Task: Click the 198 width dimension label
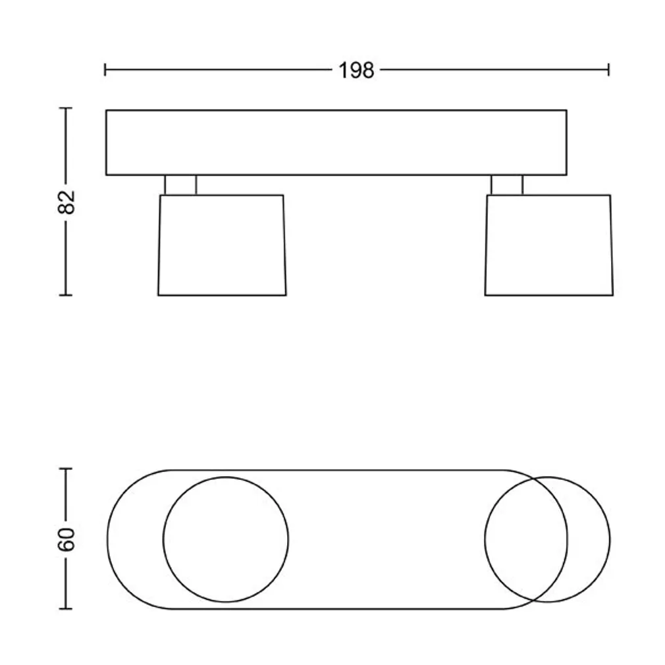356,70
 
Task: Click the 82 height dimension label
66,201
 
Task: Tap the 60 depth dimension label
66,539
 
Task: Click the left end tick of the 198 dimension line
105,70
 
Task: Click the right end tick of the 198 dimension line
608,70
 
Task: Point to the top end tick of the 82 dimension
65,108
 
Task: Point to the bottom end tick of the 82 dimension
65,295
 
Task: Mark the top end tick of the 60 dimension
65,468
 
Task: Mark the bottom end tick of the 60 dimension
65,609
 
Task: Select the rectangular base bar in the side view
336,142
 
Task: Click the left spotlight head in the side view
222,245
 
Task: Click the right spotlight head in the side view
548,245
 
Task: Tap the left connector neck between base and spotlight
180,185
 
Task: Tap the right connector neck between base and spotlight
506,185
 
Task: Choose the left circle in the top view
225,539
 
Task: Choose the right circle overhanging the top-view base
547,539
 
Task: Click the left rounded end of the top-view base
125,539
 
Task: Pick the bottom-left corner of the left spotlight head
159,294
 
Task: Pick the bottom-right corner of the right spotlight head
612,294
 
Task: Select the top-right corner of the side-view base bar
566,111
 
